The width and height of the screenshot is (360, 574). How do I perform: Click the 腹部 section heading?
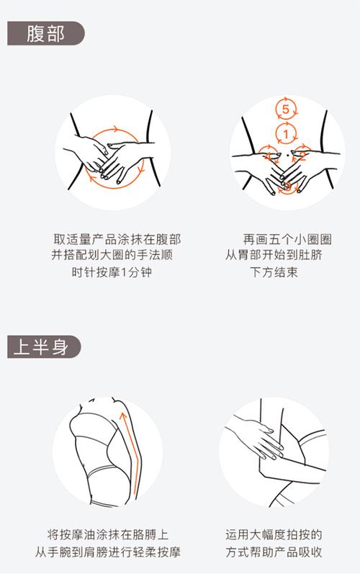[45, 35]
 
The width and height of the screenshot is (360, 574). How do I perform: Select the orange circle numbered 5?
[286, 110]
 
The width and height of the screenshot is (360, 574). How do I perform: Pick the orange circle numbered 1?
[286, 134]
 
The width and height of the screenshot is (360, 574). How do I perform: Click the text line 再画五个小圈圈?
[277, 239]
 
